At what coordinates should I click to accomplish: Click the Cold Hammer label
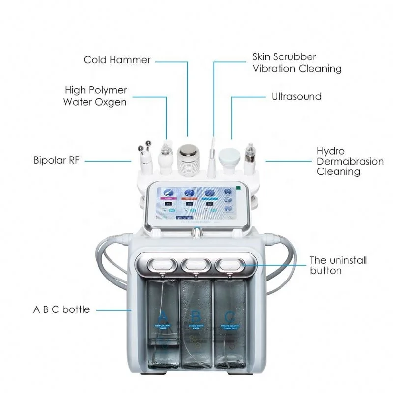[117, 60]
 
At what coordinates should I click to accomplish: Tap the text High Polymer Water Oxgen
[96, 96]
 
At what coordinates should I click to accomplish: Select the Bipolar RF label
[56, 160]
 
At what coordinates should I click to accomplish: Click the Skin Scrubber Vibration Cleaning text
[297, 63]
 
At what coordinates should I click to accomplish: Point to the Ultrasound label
[297, 96]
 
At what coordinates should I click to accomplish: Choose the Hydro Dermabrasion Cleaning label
[350, 161]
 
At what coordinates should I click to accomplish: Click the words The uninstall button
[338, 265]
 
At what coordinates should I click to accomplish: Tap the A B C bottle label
[61, 309]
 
